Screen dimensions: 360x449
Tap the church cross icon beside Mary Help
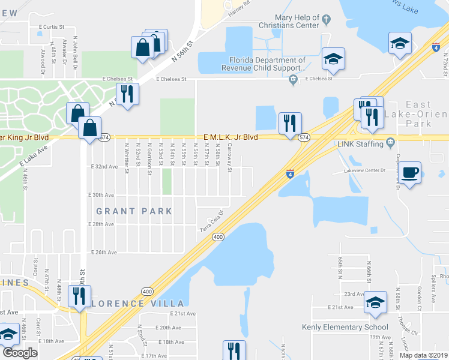click(326, 19)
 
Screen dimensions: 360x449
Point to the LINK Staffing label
click(360, 144)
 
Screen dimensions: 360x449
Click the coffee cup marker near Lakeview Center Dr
click(411, 173)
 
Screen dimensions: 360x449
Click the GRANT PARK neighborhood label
click(134, 211)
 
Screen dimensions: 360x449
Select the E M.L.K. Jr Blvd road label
click(231, 137)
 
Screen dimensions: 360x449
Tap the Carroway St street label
click(230, 161)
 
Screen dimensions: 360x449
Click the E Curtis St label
click(51, 27)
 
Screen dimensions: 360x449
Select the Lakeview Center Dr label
click(364, 170)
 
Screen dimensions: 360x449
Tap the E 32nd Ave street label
click(104, 166)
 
